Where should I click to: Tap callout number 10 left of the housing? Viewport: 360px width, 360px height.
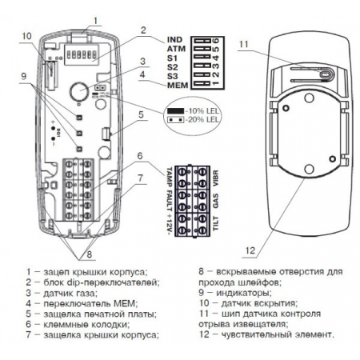point(26,36)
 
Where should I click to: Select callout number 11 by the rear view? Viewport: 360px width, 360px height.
point(245,44)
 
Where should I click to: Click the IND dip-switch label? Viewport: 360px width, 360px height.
point(178,39)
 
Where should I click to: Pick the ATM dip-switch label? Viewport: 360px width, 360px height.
point(178,48)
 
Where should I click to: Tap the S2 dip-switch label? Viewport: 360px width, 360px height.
point(173,67)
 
